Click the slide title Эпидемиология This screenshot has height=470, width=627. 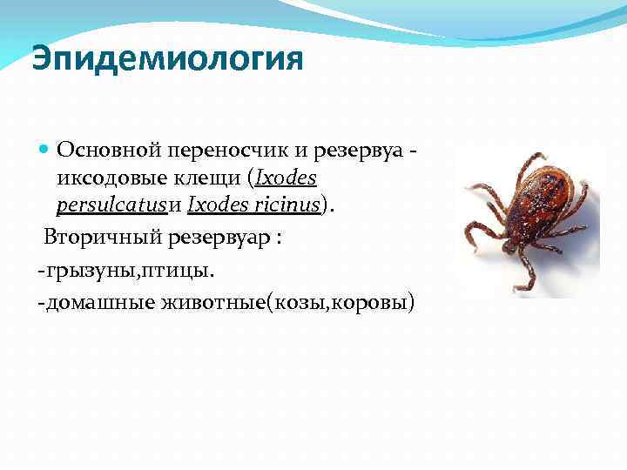click(167, 60)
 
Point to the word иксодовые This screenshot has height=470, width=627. click(108, 179)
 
